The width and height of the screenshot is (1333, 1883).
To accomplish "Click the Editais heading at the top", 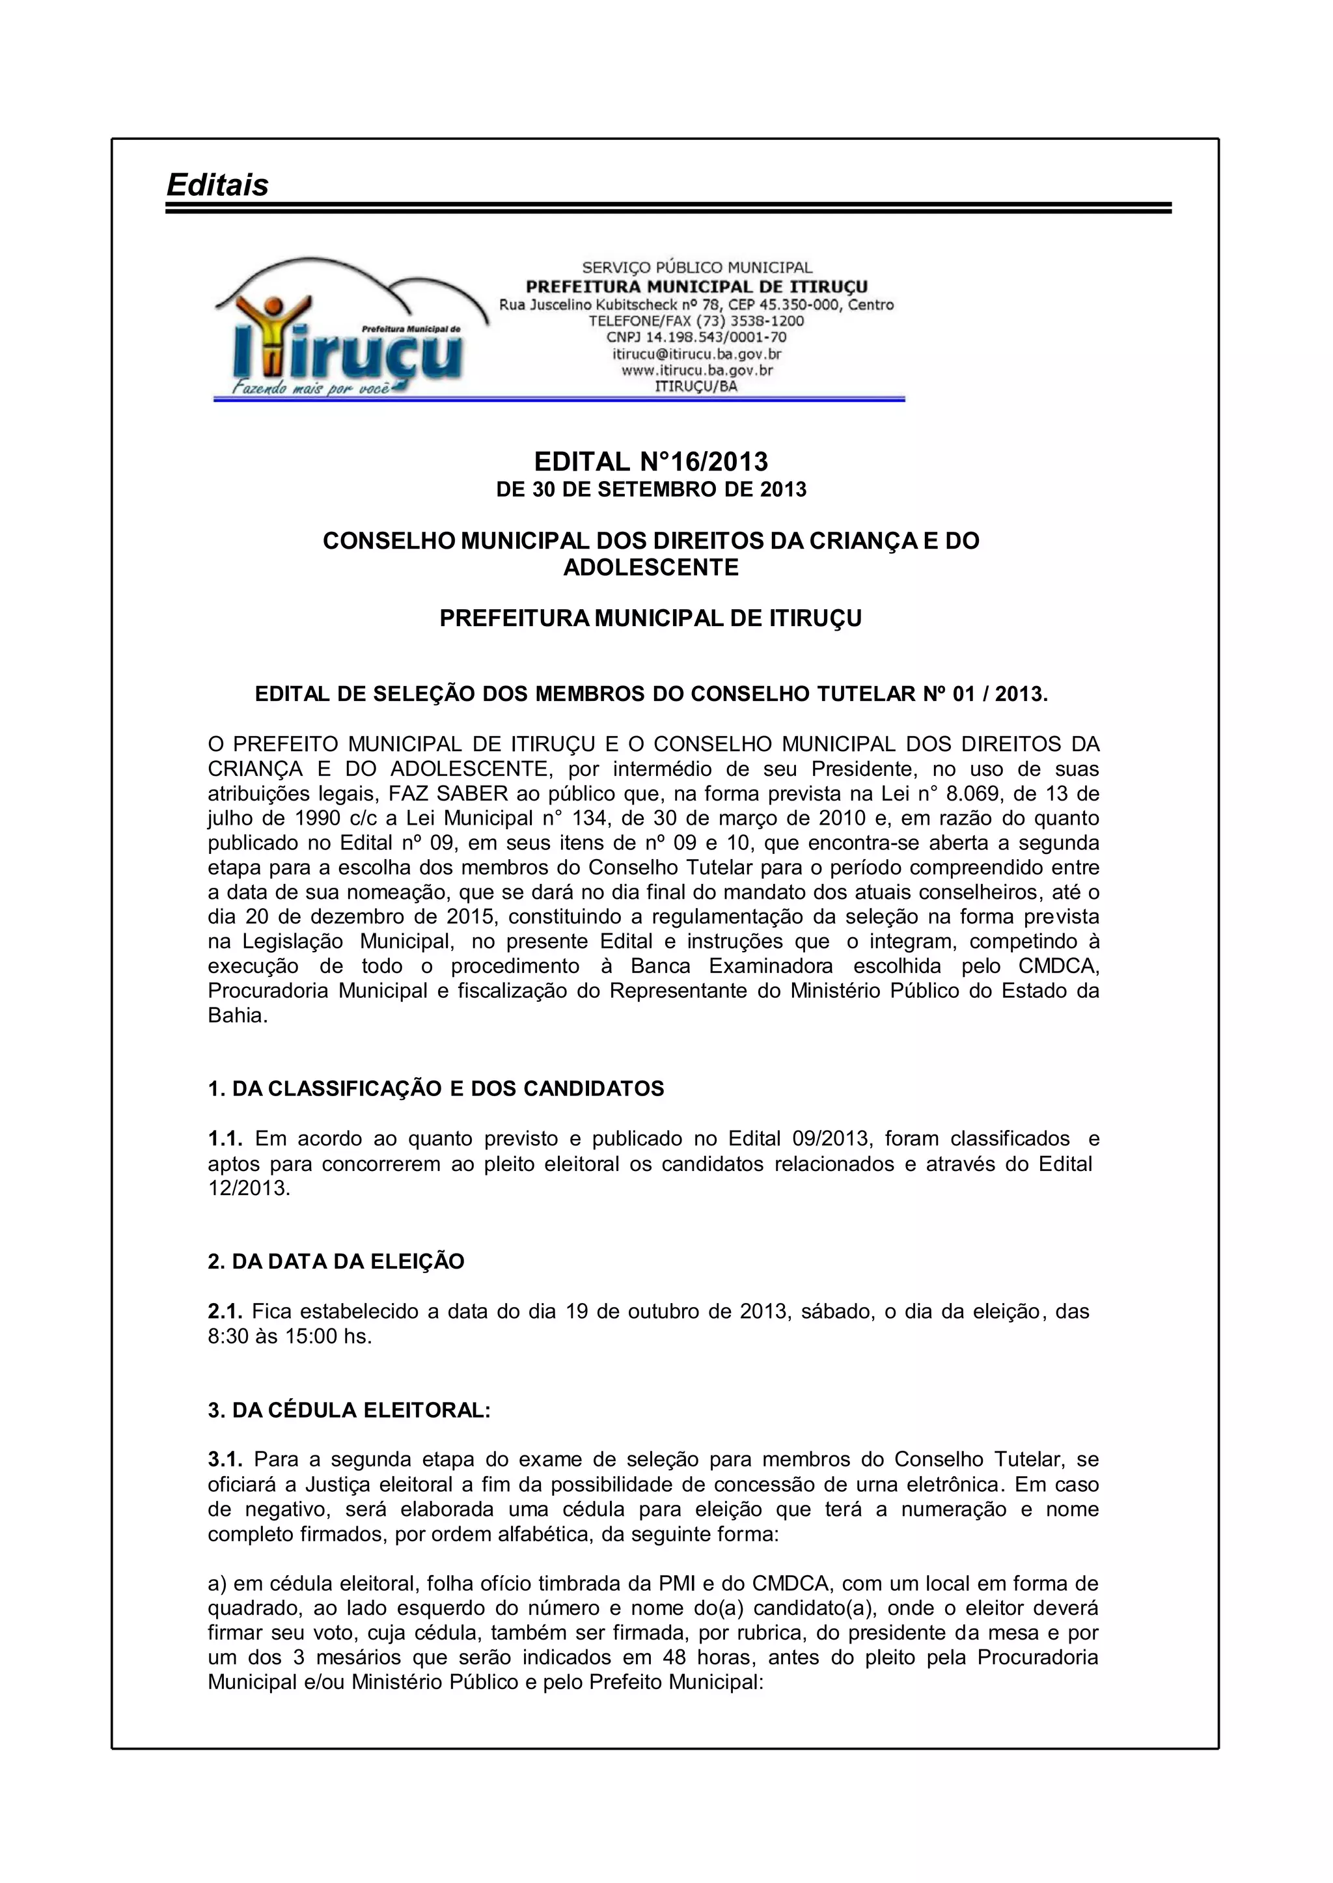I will (x=217, y=185).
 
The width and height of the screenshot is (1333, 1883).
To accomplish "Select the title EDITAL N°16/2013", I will (x=651, y=461).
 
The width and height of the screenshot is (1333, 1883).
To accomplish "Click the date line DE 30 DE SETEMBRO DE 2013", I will (x=651, y=490).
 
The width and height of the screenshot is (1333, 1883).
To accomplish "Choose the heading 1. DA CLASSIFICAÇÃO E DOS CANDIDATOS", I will (x=436, y=1090).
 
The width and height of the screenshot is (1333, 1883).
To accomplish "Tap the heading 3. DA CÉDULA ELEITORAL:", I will (x=349, y=1411).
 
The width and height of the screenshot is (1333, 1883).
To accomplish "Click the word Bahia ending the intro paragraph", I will (x=236, y=1015).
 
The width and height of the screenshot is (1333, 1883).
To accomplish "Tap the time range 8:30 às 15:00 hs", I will (x=290, y=1336).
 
